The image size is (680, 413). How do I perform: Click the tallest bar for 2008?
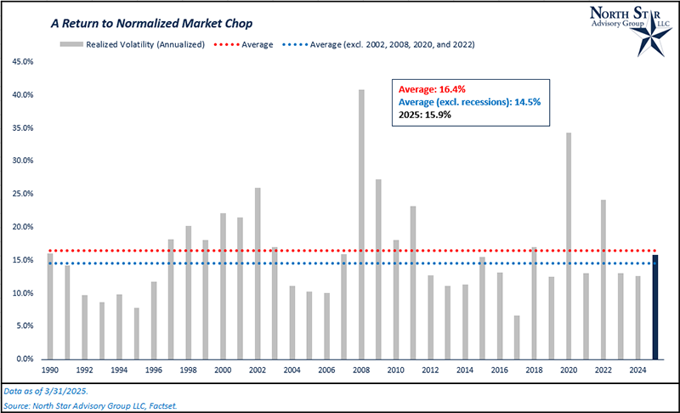(361, 224)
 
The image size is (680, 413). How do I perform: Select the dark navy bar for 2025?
(655, 307)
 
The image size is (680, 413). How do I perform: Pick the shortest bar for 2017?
(517, 337)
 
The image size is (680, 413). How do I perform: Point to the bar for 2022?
(603, 280)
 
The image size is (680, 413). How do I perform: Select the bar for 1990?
(50, 306)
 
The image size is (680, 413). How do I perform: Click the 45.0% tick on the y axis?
(22, 62)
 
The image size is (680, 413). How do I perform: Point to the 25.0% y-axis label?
(22, 194)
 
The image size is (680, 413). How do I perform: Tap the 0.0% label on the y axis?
(25, 359)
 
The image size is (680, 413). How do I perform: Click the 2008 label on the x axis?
(361, 371)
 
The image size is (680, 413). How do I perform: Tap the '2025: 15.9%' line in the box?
(424, 115)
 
